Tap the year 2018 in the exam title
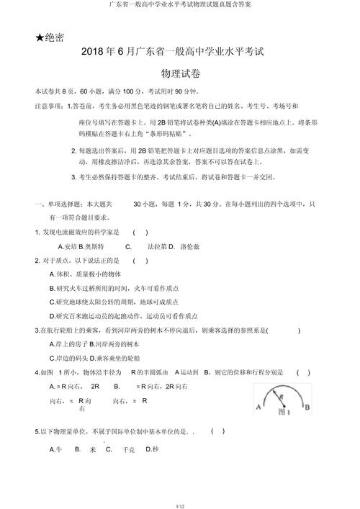point(94,53)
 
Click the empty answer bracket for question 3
point(289,330)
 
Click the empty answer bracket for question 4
point(304,372)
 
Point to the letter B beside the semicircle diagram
point(307,406)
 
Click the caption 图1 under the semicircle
point(283,411)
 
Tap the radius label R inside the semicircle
point(281,396)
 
